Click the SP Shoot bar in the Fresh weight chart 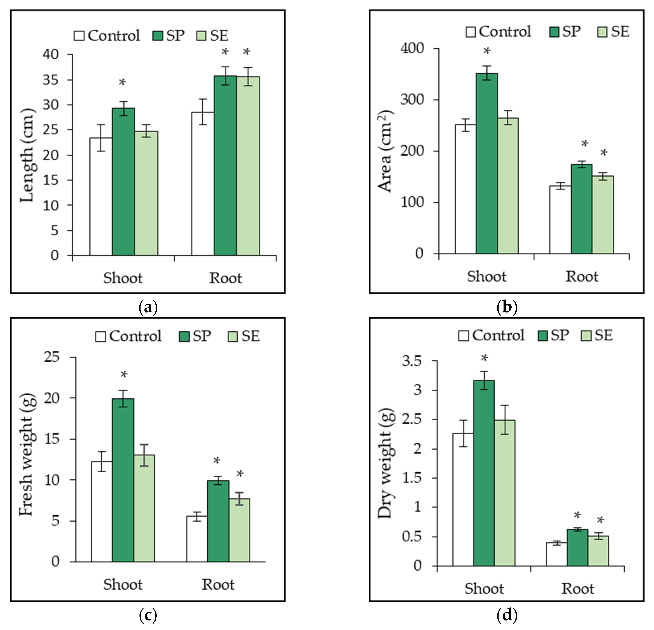[x=123, y=480]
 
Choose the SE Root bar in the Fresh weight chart [x=239, y=530]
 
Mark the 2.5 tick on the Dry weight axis [x=412, y=420]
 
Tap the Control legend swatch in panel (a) [x=79, y=36]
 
